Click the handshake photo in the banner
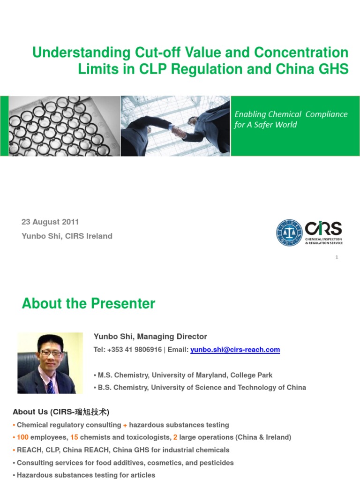[176, 126]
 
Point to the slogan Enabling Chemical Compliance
[291, 114]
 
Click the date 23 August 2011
[50, 222]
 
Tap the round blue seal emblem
[289, 232]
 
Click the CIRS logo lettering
[323, 229]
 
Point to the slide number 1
[337, 257]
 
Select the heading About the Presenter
[89, 304]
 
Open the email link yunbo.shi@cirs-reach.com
[235, 350]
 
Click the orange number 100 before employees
[23, 437]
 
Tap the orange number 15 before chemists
[74, 437]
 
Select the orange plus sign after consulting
[125, 425]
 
